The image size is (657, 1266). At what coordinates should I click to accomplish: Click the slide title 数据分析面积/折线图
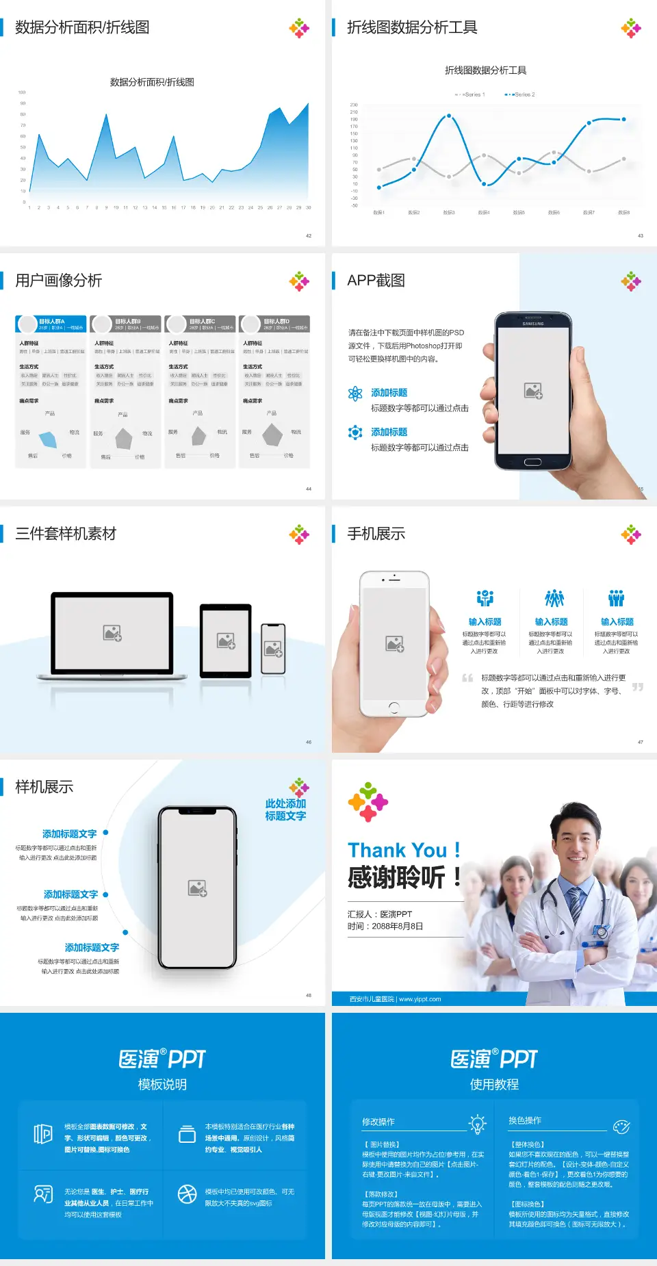82,27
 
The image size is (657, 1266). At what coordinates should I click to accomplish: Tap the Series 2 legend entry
521,94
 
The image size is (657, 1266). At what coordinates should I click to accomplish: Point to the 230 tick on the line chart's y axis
354,105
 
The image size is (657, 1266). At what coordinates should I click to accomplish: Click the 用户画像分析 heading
59,281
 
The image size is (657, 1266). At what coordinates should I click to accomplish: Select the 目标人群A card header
51,324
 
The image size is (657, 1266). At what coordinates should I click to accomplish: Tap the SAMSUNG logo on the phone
533,324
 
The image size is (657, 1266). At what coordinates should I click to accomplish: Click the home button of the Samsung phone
532,463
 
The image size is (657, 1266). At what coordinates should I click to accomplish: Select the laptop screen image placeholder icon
112,633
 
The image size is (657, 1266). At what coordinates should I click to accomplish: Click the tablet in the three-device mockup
226,641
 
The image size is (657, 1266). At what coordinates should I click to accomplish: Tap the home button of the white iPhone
394,707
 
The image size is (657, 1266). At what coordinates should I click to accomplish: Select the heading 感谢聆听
396,877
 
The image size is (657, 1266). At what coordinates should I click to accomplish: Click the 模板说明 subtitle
162,1085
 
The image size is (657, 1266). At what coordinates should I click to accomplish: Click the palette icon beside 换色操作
621,1126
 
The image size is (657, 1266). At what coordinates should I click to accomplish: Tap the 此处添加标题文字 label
285,810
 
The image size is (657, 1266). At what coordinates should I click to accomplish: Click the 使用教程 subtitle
494,1085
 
